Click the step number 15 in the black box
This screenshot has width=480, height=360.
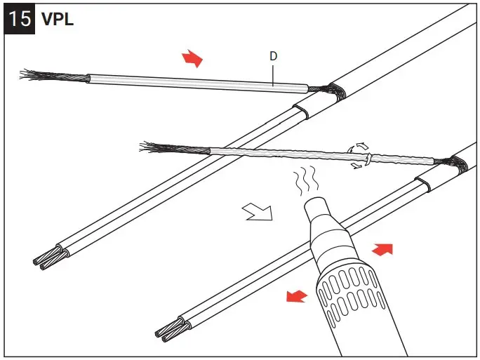tap(20, 18)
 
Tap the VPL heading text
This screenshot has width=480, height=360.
tap(58, 19)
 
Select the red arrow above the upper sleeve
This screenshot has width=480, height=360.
tap(191, 59)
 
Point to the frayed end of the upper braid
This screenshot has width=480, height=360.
tap(35, 74)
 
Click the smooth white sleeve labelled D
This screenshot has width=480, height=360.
tap(196, 82)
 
